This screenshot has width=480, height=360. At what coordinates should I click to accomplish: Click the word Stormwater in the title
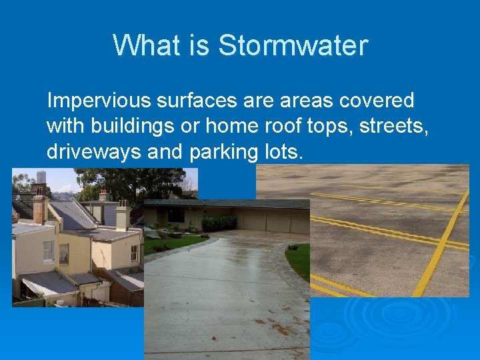(293, 46)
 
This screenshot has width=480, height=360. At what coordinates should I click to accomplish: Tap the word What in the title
(139, 46)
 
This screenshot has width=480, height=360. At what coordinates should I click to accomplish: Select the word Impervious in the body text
(99, 101)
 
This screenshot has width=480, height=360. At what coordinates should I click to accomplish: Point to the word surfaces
(195, 101)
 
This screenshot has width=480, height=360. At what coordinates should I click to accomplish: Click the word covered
(377, 101)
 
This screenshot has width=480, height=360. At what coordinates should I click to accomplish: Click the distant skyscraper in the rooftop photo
(41, 177)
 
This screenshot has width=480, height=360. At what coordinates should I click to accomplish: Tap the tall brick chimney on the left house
(39, 208)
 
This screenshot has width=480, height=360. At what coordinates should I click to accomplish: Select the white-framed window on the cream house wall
(48, 250)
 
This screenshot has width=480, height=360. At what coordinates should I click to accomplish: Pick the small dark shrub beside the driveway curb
(293, 247)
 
